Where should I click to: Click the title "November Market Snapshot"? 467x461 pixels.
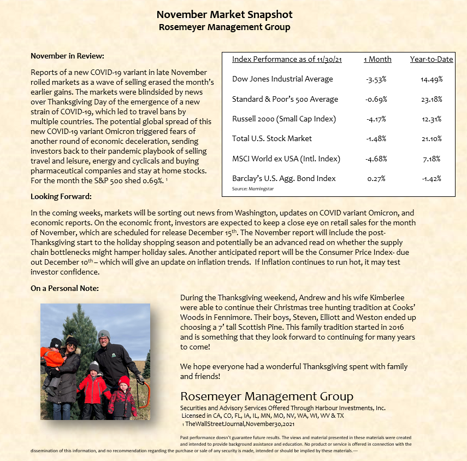click(224, 15)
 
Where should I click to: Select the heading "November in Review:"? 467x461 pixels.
click(67, 56)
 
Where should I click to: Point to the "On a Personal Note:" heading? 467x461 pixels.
click(65, 288)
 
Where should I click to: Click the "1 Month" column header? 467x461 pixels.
click(377, 59)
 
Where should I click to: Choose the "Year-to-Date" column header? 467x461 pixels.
click(431, 59)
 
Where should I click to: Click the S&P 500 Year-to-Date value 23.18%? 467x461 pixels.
click(431, 99)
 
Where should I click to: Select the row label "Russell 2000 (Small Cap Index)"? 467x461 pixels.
click(284, 119)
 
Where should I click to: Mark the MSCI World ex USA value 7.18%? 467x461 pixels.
click(431, 159)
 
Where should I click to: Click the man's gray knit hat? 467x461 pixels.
click(104, 334)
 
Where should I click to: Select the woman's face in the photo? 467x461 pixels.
click(72, 347)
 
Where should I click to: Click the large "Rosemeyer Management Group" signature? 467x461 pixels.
click(267, 396)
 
